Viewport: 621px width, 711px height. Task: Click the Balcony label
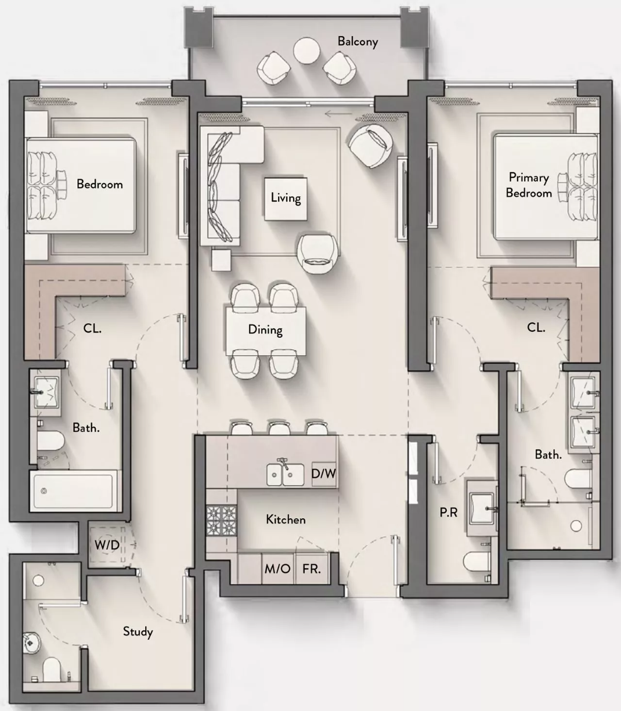click(358, 42)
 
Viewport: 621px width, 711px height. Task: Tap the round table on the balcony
click(306, 50)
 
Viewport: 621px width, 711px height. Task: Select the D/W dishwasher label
click(323, 473)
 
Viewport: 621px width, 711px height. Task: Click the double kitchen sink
click(285, 474)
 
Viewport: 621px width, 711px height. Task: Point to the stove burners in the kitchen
click(221, 520)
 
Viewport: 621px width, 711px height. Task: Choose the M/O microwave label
click(277, 569)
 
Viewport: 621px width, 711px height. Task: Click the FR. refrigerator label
click(311, 569)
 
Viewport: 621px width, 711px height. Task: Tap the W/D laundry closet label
click(107, 544)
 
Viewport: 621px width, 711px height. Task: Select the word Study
click(138, 631)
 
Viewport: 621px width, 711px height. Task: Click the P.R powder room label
click(448, 513)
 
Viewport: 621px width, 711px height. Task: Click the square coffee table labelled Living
click(286, 198)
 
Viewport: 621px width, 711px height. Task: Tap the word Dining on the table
click(265, 330)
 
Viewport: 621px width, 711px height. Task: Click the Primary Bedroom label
click(529, 185)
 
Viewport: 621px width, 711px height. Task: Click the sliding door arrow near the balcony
click(339, 113)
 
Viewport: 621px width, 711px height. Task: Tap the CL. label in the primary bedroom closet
click(536, 327)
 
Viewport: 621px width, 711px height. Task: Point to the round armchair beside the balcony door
click(371, 146)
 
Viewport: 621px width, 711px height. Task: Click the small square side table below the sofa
click(221, 259)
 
